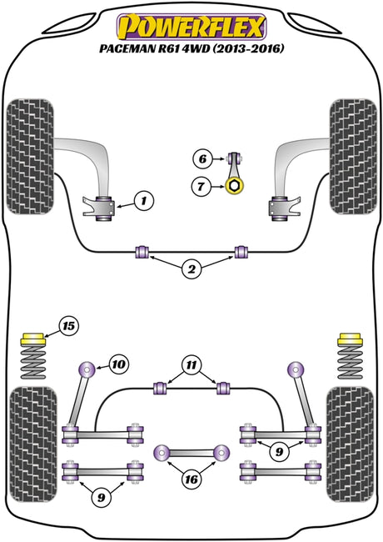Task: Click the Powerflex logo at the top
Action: coord(191,27)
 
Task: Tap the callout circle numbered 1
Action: coord(143,200)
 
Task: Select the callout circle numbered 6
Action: coord(202,159)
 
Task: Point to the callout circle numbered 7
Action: coord(201,187)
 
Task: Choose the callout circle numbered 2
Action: coord(191,268)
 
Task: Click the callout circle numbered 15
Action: coord(69,325)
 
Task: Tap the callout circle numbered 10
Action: coord(119,364)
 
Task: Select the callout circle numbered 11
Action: coord(191,365)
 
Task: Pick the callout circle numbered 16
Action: coord(191,479)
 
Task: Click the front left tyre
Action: coord(30,157)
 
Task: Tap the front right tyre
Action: coord(353,157)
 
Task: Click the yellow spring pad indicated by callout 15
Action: coord(33,339)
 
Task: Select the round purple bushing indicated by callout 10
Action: coord(87,370)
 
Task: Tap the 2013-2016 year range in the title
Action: coord(248,48)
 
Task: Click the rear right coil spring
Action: coord(350,362)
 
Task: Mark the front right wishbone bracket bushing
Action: coord(280,208)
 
